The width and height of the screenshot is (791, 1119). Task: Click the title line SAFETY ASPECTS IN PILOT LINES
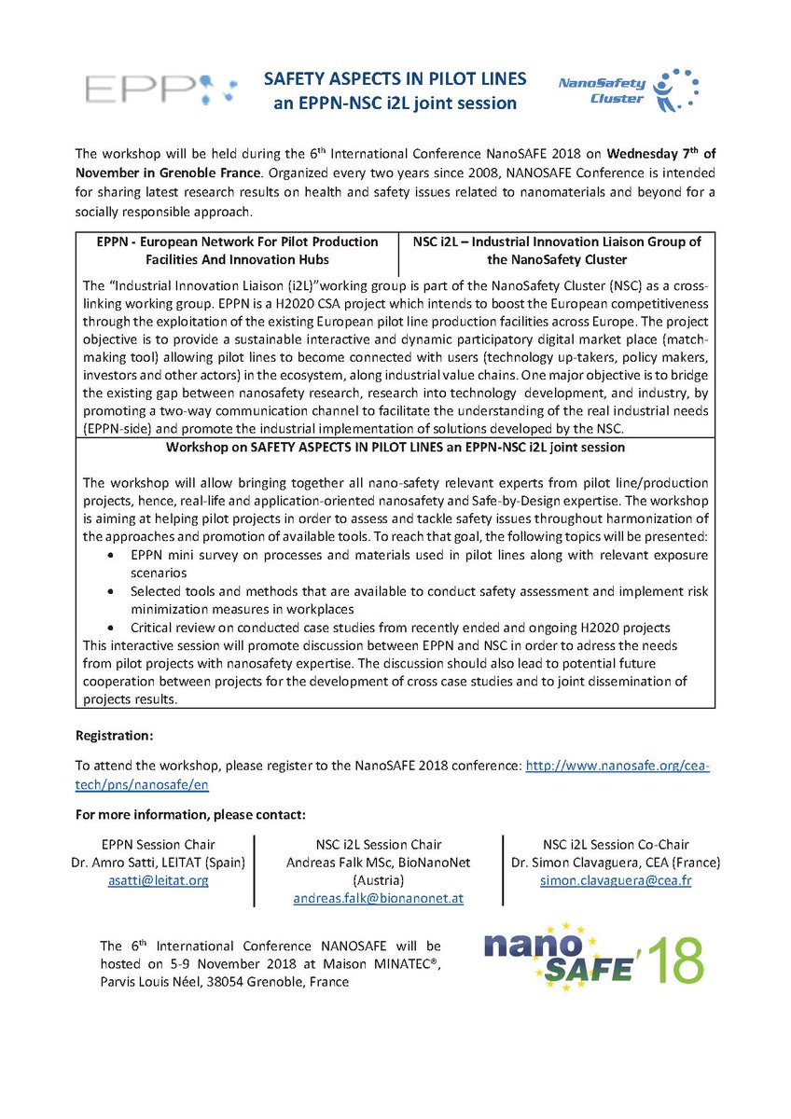point(395,80)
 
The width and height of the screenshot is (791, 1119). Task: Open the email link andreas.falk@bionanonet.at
point(378,898)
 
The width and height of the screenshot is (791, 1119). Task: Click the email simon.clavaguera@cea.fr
point(616,879)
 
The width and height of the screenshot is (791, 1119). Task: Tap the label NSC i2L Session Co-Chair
point(616,844)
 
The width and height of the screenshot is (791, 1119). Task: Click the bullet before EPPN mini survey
point(111,556)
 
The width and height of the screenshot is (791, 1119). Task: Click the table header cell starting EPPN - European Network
point(238,250)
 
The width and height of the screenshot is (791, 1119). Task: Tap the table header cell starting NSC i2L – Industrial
point(556,250)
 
